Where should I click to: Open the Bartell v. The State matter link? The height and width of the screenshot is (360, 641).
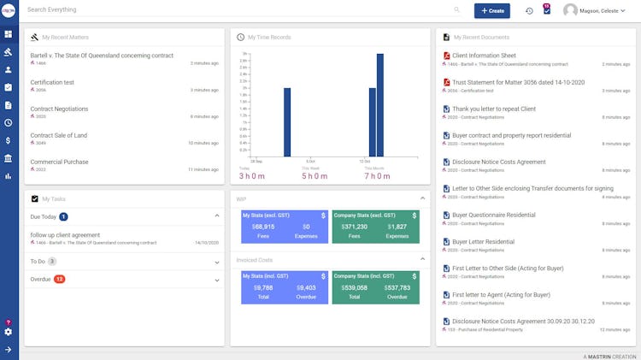point(102,55)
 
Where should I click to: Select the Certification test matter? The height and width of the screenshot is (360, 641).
point(52,82)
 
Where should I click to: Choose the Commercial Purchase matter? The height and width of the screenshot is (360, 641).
point(60,162)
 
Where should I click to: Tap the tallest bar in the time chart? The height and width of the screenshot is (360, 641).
point(380,105)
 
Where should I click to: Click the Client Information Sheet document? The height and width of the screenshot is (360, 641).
point(484,56)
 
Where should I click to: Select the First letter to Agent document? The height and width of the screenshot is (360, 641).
point(501,294)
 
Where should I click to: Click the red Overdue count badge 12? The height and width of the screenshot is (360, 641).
point(59,279)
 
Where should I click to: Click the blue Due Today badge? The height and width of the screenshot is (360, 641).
point(63,217)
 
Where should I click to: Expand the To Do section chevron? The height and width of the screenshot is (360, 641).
point(216,261)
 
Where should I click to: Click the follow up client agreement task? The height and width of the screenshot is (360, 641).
point(65,234)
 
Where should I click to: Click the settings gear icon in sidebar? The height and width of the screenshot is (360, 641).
point(8,332)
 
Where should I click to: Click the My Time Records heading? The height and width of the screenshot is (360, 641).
point(270,38)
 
